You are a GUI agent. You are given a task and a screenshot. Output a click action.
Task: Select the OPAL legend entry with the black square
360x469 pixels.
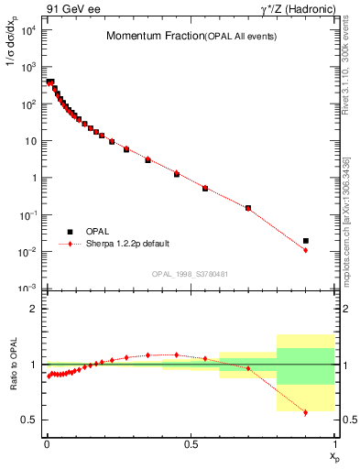coord(89,232)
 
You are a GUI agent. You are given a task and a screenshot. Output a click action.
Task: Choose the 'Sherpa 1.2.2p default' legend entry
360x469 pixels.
coord(125,245)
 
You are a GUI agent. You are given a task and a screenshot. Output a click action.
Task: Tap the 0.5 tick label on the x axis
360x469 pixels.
coord(191,443)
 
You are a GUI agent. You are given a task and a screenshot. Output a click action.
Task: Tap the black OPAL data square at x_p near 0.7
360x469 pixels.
coord(248,208)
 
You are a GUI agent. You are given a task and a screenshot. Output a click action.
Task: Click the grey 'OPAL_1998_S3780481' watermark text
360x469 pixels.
coord(191,274)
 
